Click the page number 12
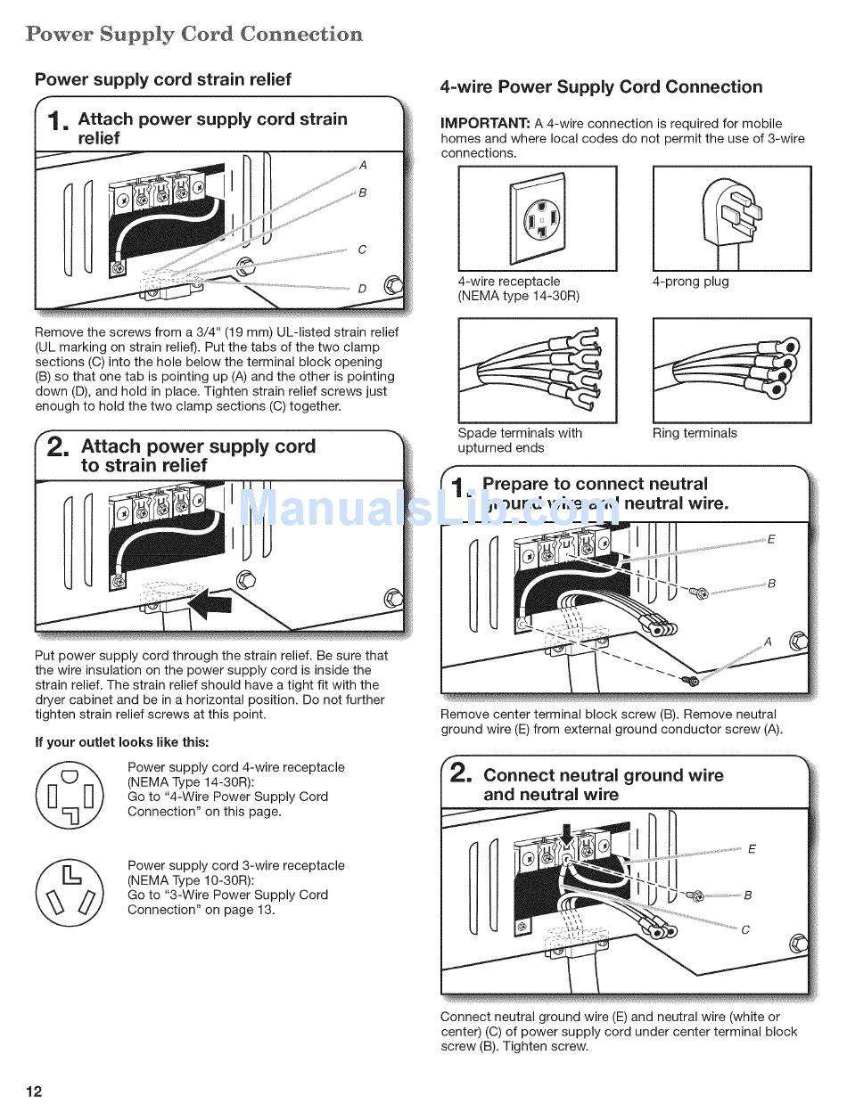click(33, 1092)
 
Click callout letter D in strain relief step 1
click(362, 288)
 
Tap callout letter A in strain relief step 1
click(363, 165)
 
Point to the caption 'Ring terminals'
click(695, 433)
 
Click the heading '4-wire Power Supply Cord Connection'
click(601, 87)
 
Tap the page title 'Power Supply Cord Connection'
click(194, 35)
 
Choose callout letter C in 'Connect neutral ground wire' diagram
click(745, 929)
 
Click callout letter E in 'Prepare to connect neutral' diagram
click(771, 539)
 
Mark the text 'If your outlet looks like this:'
click(122, 742)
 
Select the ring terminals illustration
click(731, 370)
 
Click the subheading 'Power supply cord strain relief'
click(162, 79)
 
